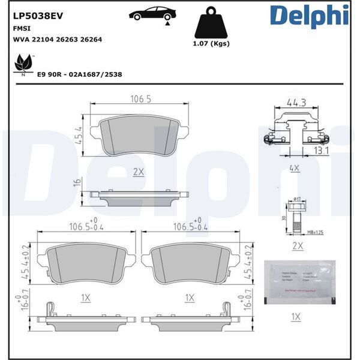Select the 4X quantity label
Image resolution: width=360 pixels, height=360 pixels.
(293, 169)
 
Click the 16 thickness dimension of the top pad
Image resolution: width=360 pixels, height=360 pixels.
(78, 183)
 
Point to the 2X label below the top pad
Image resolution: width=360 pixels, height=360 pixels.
(139, 171)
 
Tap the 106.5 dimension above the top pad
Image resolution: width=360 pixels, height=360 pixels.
(140, 100)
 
